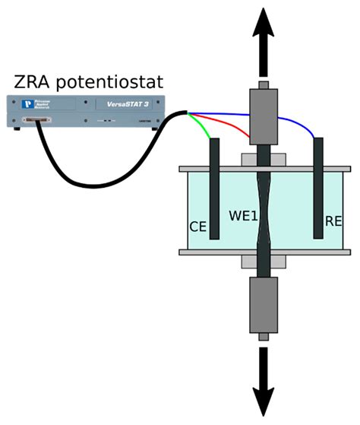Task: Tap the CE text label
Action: (199, 226)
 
